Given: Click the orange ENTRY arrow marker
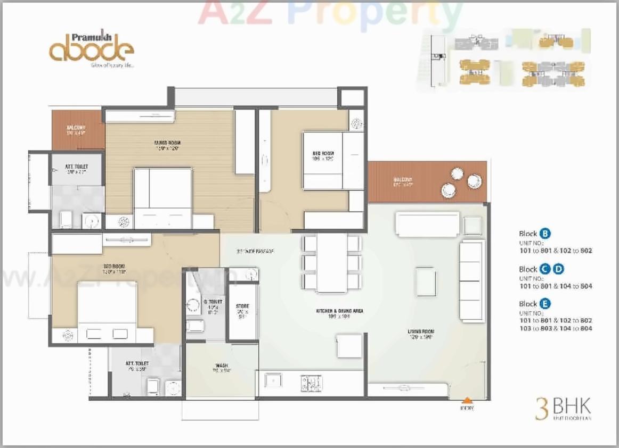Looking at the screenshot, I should tap(467, 400).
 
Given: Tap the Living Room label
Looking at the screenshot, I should tap(421, 334).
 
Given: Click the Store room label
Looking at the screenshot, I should tap(242, 310).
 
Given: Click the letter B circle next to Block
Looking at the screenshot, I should tap(545, 234).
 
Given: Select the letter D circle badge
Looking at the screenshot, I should tap(558, 269).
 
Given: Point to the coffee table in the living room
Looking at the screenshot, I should tap(426, 281).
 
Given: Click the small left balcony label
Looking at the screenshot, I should tap(77, 130).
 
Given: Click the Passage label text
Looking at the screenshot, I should tap(255, 251).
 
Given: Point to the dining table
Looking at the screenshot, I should tap(331, 263).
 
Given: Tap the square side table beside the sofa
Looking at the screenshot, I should tap(473, 226).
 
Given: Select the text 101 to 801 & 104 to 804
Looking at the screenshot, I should tap(556, 286).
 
